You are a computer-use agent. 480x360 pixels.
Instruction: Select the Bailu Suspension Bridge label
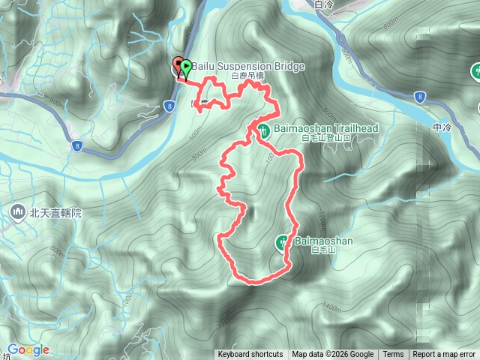pos(247,67)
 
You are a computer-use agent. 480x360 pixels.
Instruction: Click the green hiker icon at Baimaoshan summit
pos(283,241)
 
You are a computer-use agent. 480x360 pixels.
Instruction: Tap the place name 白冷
pos(324,4)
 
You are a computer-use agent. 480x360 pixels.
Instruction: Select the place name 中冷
pos(442,127)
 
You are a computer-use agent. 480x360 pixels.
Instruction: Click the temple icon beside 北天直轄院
pos(17,213)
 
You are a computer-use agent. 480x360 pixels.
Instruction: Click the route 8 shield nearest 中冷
pos(419,97)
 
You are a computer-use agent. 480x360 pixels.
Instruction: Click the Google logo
pos(28,349)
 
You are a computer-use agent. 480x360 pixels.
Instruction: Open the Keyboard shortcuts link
pos(250,355)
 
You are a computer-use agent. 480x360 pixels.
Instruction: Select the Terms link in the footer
pos(393,355)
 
